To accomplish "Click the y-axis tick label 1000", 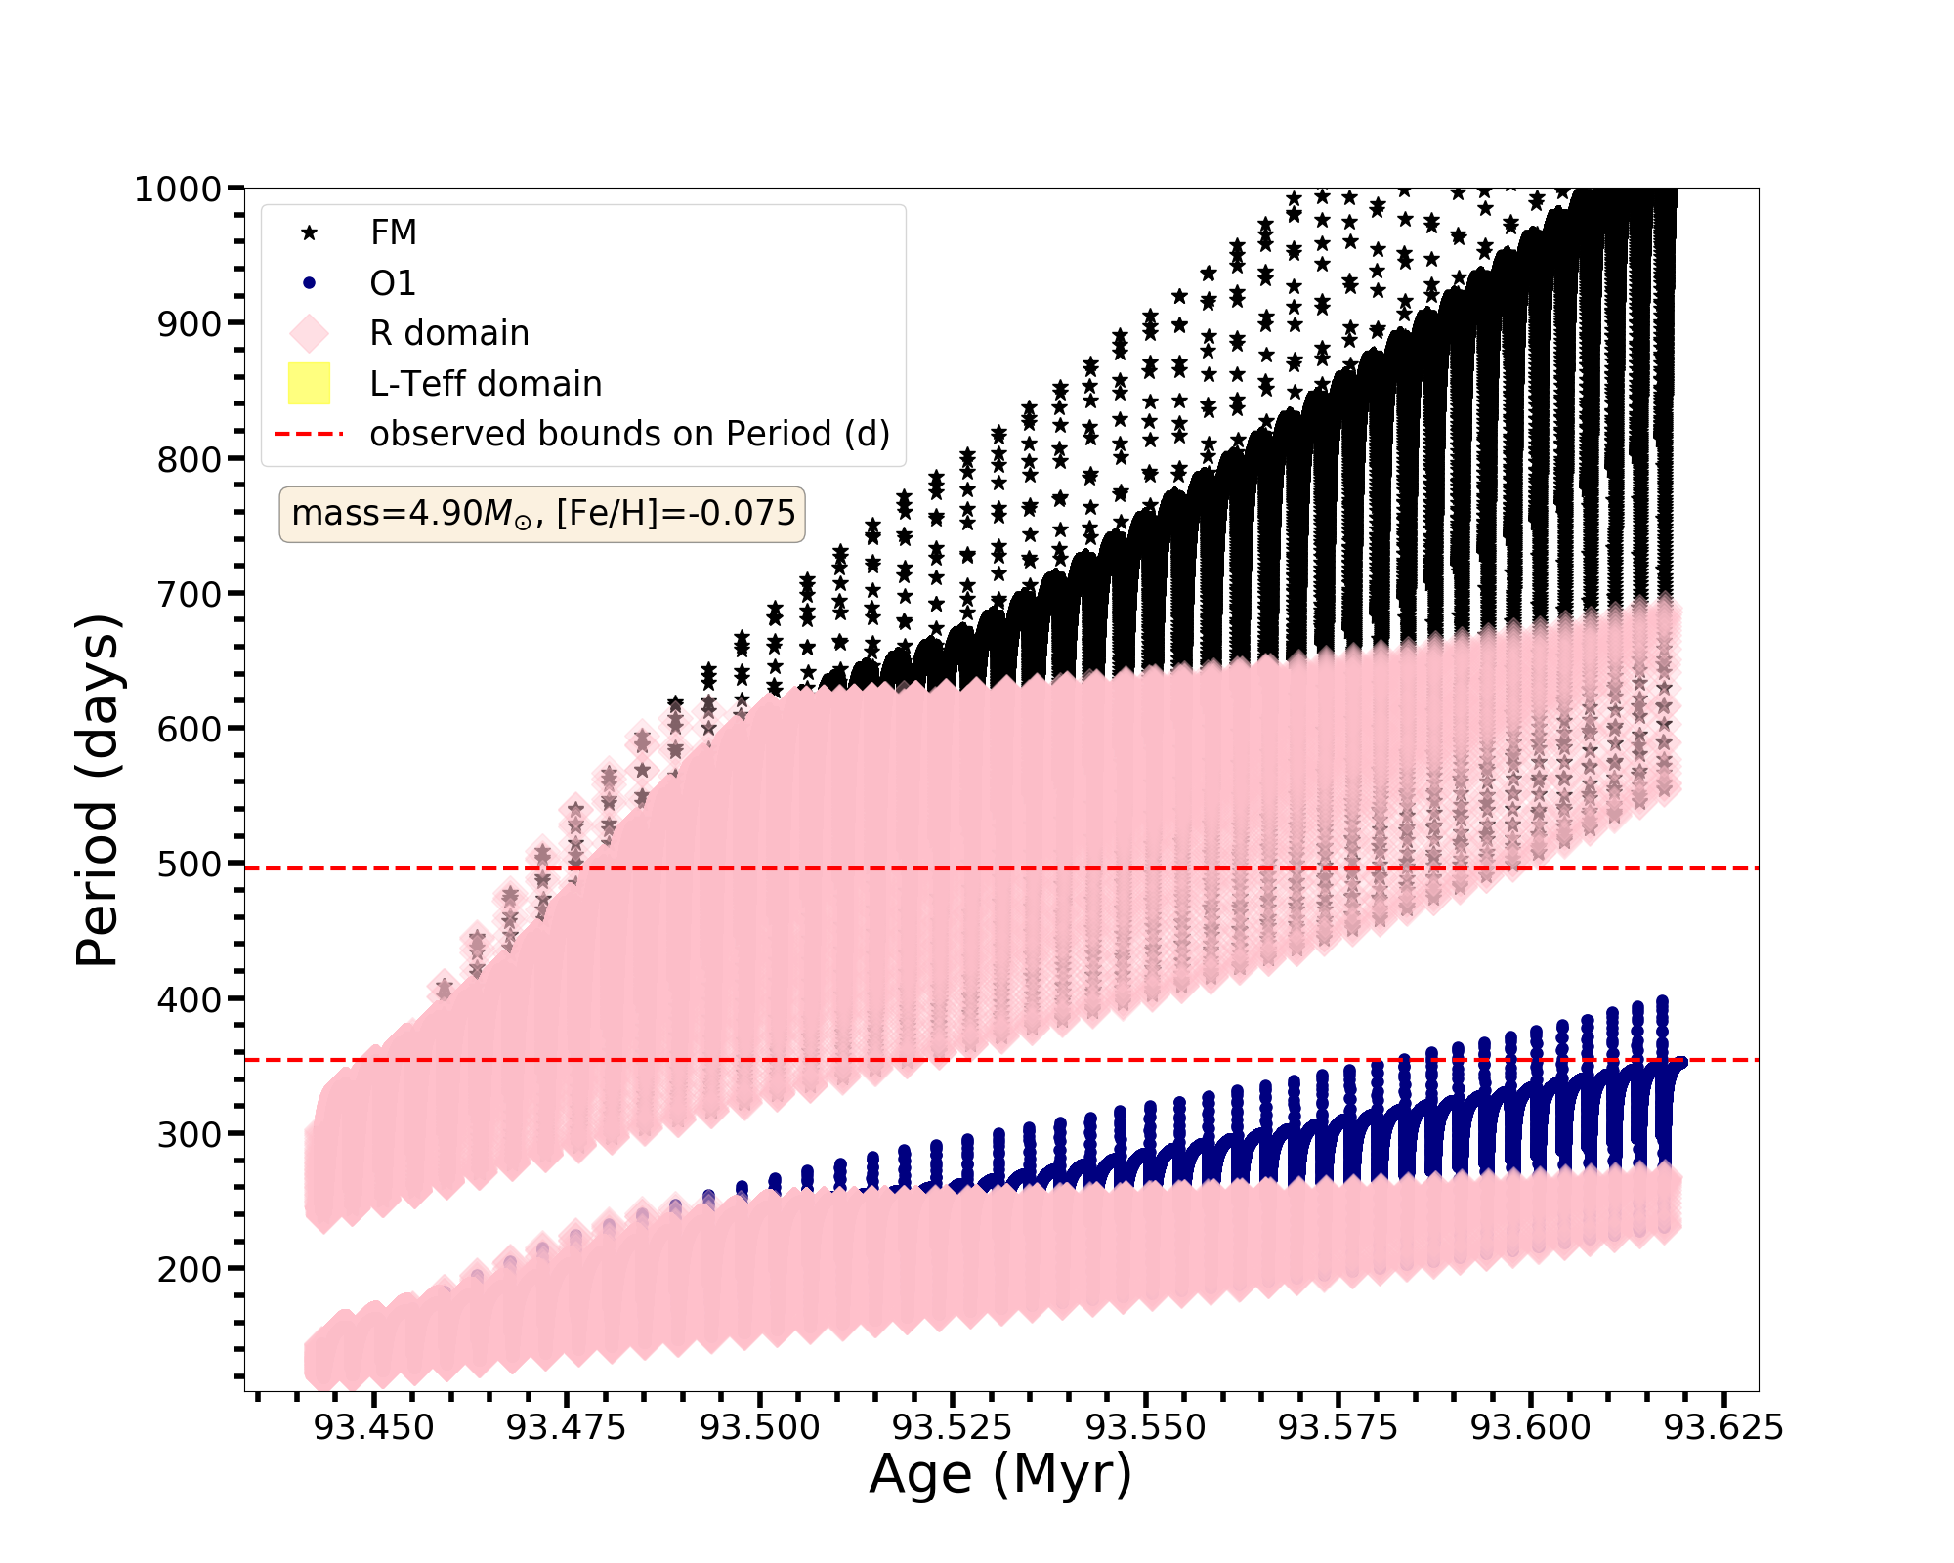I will tap(178, 189).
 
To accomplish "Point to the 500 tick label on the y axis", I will tap(190, 865).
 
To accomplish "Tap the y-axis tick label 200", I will tap(190, 1270).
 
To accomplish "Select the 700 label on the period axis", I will tap(190, 594).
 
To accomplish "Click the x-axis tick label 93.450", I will tap(373, 1428).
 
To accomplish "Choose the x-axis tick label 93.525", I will tap(953, 1428).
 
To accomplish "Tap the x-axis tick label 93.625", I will tap(1723, 1428).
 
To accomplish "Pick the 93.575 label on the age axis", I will tap(1338, 1428).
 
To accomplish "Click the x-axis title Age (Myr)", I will tap(1000, 1475).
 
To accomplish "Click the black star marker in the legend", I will tap(310, 232).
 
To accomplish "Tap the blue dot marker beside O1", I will tap(310, 283).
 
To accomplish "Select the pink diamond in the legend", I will tap(310, 333).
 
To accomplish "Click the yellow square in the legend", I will tap(310, 384).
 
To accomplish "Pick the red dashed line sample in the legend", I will tap(310, 434).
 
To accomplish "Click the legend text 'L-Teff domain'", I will tap(486, 384).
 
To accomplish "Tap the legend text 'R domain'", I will tap(449, 333).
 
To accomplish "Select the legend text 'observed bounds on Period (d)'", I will tap(630, 434).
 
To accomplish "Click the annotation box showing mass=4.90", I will tap(542, 514).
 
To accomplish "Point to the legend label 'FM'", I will tap(394, 232).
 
